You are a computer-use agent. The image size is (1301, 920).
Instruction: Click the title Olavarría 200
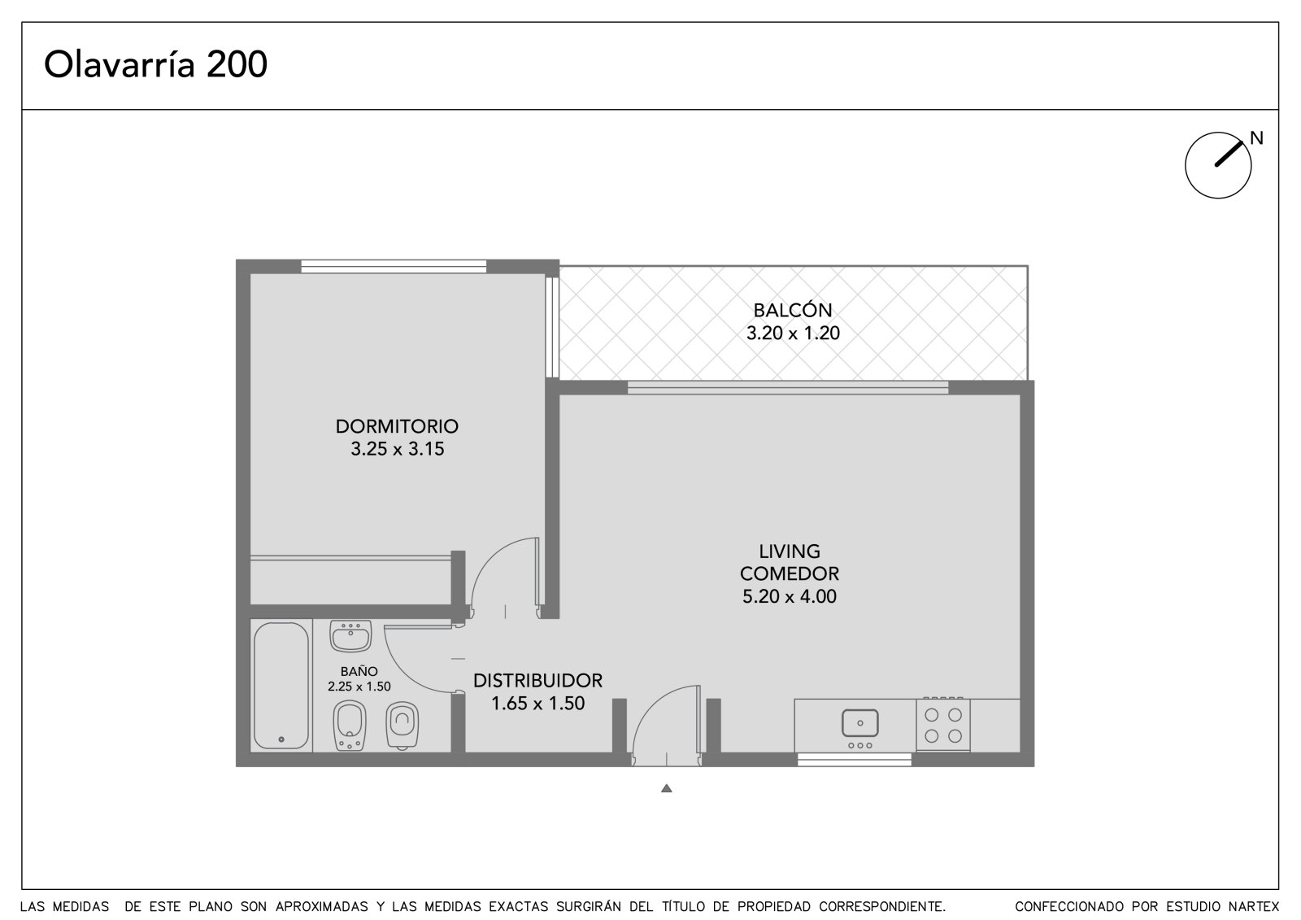point(155,64)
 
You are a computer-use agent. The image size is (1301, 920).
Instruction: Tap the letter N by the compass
point(1257,137)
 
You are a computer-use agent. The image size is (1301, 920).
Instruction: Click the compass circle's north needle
point(1229,154)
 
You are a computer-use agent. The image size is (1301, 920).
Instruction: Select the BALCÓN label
point(793,310)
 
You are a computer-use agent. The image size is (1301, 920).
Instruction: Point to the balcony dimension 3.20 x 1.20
point(793,333)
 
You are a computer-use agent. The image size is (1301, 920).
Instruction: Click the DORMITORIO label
point(398,426)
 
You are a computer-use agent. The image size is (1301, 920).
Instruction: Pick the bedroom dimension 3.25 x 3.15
point(398,449)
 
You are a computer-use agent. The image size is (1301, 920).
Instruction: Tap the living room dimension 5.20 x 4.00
point(790,596)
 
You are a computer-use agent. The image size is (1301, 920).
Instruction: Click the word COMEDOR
point(790,573)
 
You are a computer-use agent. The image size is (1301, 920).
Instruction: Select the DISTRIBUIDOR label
point(537,681)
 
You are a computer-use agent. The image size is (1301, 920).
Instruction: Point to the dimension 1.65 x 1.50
point(537,704)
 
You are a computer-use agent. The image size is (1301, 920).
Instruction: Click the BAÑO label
point(359,672)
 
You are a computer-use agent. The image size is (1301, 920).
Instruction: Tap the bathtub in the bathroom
point(281,686)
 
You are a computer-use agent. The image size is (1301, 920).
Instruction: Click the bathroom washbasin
point(350,636)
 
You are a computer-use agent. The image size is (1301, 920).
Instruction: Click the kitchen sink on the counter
point(859,724)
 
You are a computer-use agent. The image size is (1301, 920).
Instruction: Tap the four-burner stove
point(943,724)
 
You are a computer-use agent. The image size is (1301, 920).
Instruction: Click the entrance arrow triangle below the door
point(666,788)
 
